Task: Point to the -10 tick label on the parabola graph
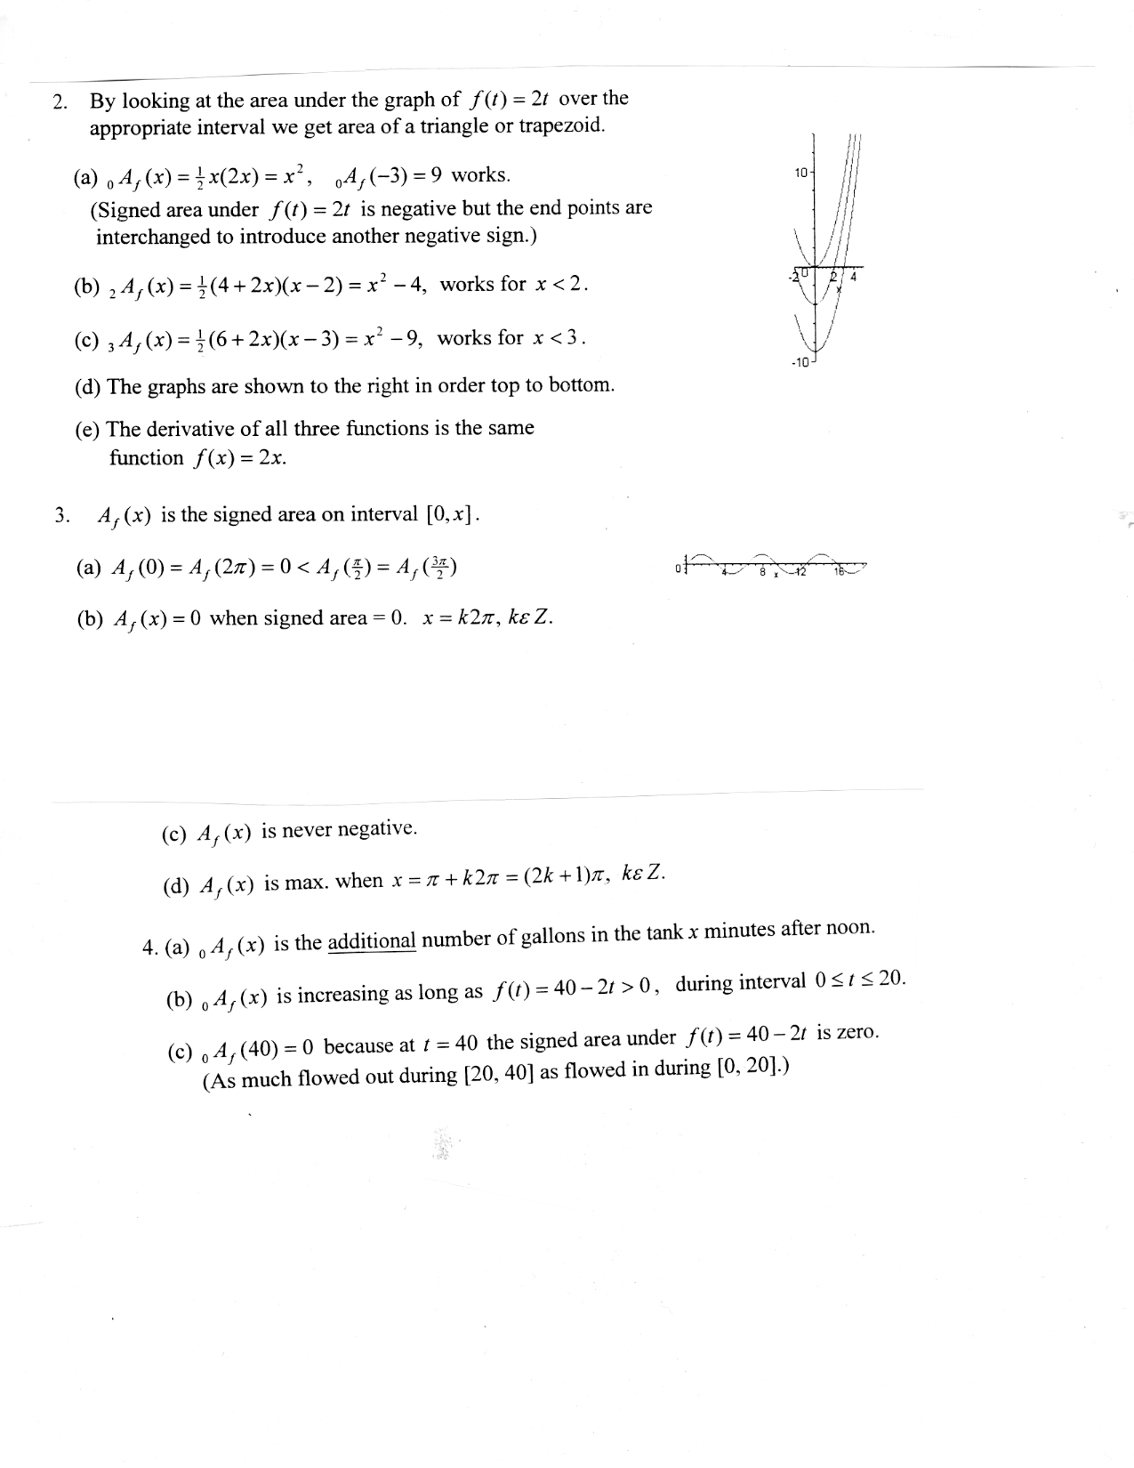pos(798,362)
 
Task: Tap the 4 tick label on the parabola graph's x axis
pos(854,277)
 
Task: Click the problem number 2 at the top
pos(59,102)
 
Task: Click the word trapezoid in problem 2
pos(561,125)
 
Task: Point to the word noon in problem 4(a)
pos(850,928)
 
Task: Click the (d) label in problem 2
pos(88,387)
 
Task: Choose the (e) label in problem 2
pos(88,430)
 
